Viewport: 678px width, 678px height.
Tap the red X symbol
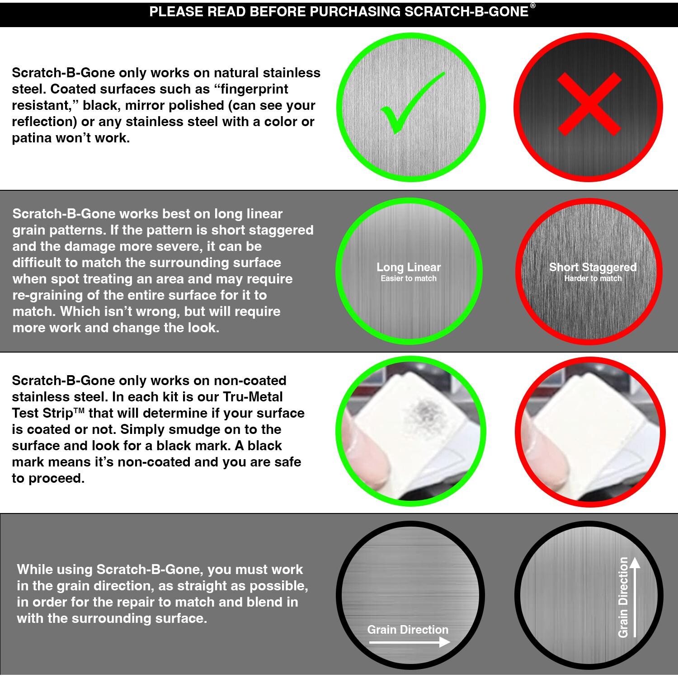click(589, 105)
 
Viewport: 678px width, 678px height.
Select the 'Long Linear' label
click(409, 267)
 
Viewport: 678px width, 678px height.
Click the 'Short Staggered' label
click(593, 267)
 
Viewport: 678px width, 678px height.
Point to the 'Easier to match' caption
click(409, 278)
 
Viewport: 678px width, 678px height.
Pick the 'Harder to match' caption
click(593, 278)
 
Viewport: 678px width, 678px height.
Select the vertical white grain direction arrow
click(635, 597)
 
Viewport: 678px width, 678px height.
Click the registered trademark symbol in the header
click(533, 6)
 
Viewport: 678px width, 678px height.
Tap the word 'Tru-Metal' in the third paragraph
click(253, 397)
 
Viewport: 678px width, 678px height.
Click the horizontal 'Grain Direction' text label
click(408, 630)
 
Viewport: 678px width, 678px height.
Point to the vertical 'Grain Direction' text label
click(623, 597)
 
